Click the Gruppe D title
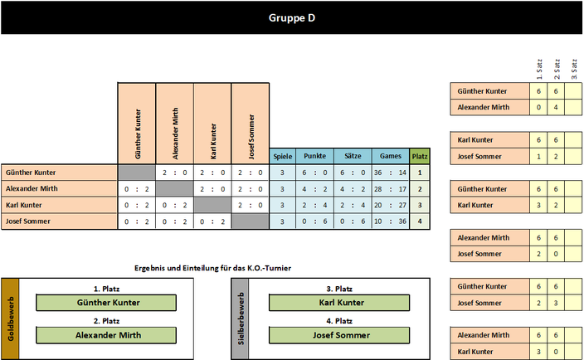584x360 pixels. tap(292, 18)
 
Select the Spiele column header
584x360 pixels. tap(283, 157)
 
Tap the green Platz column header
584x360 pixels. tap(420, 157)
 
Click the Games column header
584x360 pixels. tap(391, 157)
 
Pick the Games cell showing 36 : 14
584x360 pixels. tap(391, 173)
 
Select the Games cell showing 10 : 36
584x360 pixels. tap(391, 221)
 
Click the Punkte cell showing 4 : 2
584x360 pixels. tap(314, 189)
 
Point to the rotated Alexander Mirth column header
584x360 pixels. tap(175, 134)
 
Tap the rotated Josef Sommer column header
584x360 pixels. tap(251, 137)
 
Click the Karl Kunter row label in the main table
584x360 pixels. tap(24, 205)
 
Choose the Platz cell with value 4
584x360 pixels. tap(420, 221)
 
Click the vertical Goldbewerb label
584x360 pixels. tap(11, 319)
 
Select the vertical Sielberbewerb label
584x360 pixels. tap(241, 319)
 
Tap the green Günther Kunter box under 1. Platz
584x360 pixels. tap(106, 303)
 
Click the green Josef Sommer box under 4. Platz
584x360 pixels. tap(339, 335)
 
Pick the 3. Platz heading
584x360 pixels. tap(339, 289)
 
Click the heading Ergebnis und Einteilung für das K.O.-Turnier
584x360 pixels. tap(212, 268)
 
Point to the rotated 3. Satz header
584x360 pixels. tap(574, 69)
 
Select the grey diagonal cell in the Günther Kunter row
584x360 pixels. tap(137, 173)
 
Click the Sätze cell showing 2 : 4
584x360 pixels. tap(353, 205)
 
